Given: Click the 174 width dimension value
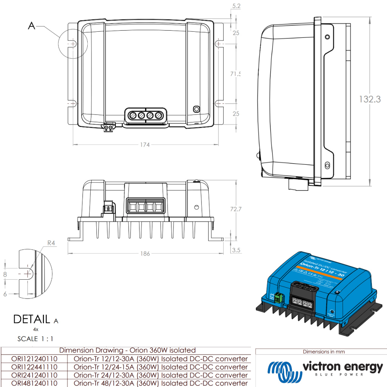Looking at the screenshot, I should tap(146, 144).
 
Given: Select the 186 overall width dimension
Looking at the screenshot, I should tap(146, 253).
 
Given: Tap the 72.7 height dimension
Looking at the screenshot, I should tap(235, 209).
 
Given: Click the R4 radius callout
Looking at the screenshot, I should tap(51, 243).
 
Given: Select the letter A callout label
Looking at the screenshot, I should tap(32, 26).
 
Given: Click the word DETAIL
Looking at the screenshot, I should tap(32, 319).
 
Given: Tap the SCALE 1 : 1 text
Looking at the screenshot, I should tap(33, 339).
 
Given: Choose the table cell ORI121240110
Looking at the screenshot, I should tap(34, 359).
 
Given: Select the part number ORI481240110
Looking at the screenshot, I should tap(34, 383).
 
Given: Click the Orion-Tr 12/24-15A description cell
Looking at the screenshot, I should tap(161, 367).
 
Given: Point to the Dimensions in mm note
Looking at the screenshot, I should tap(324, 352).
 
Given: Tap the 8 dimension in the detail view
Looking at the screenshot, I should tap(5, 274).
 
